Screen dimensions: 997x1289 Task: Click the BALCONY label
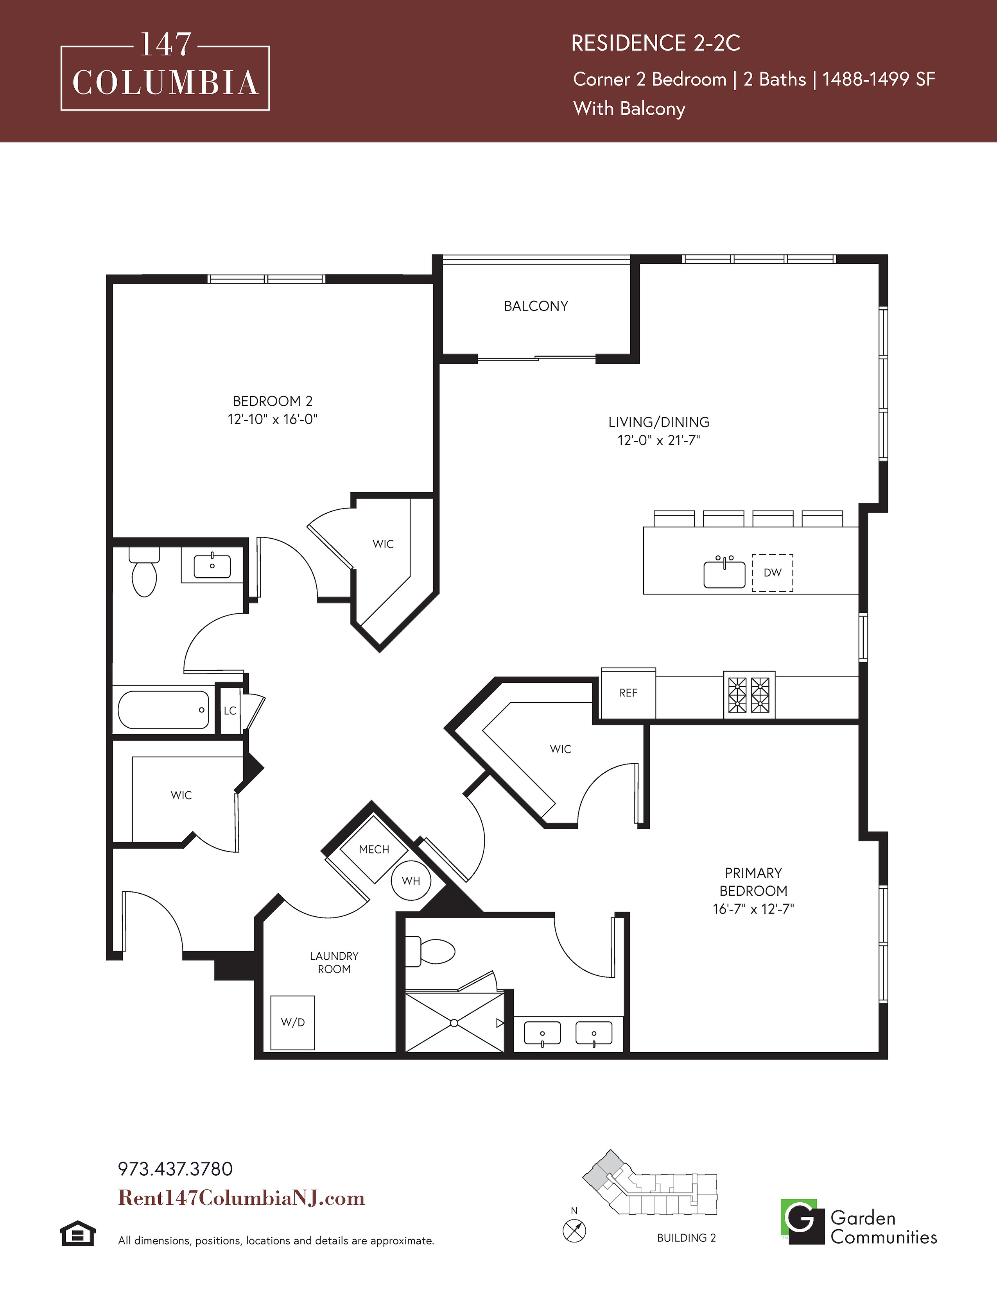pyautogui.click(x=536, y=306)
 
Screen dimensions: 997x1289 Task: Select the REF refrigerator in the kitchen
pyautogui.click(x=628, y=693)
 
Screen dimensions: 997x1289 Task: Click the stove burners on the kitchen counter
pyautogui.click(x=749, y=694)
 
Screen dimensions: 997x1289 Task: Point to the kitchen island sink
pyautogui.click(x=724, y=574)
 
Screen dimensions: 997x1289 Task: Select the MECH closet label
pyautogui.click(x=374, y=849)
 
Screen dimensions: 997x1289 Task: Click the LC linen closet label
pyautogui.click(x=230, y=711)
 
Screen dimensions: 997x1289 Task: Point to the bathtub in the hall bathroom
pyautogui.click(x=163, y=709)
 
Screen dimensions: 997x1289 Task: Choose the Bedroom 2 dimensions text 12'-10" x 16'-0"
pyautogui.click(x=272, y=419)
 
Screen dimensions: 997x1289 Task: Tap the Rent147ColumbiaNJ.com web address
pyautogui.click(x=242, y=1198)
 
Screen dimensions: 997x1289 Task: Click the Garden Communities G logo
pyautogui.click(x=802, y=1221)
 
